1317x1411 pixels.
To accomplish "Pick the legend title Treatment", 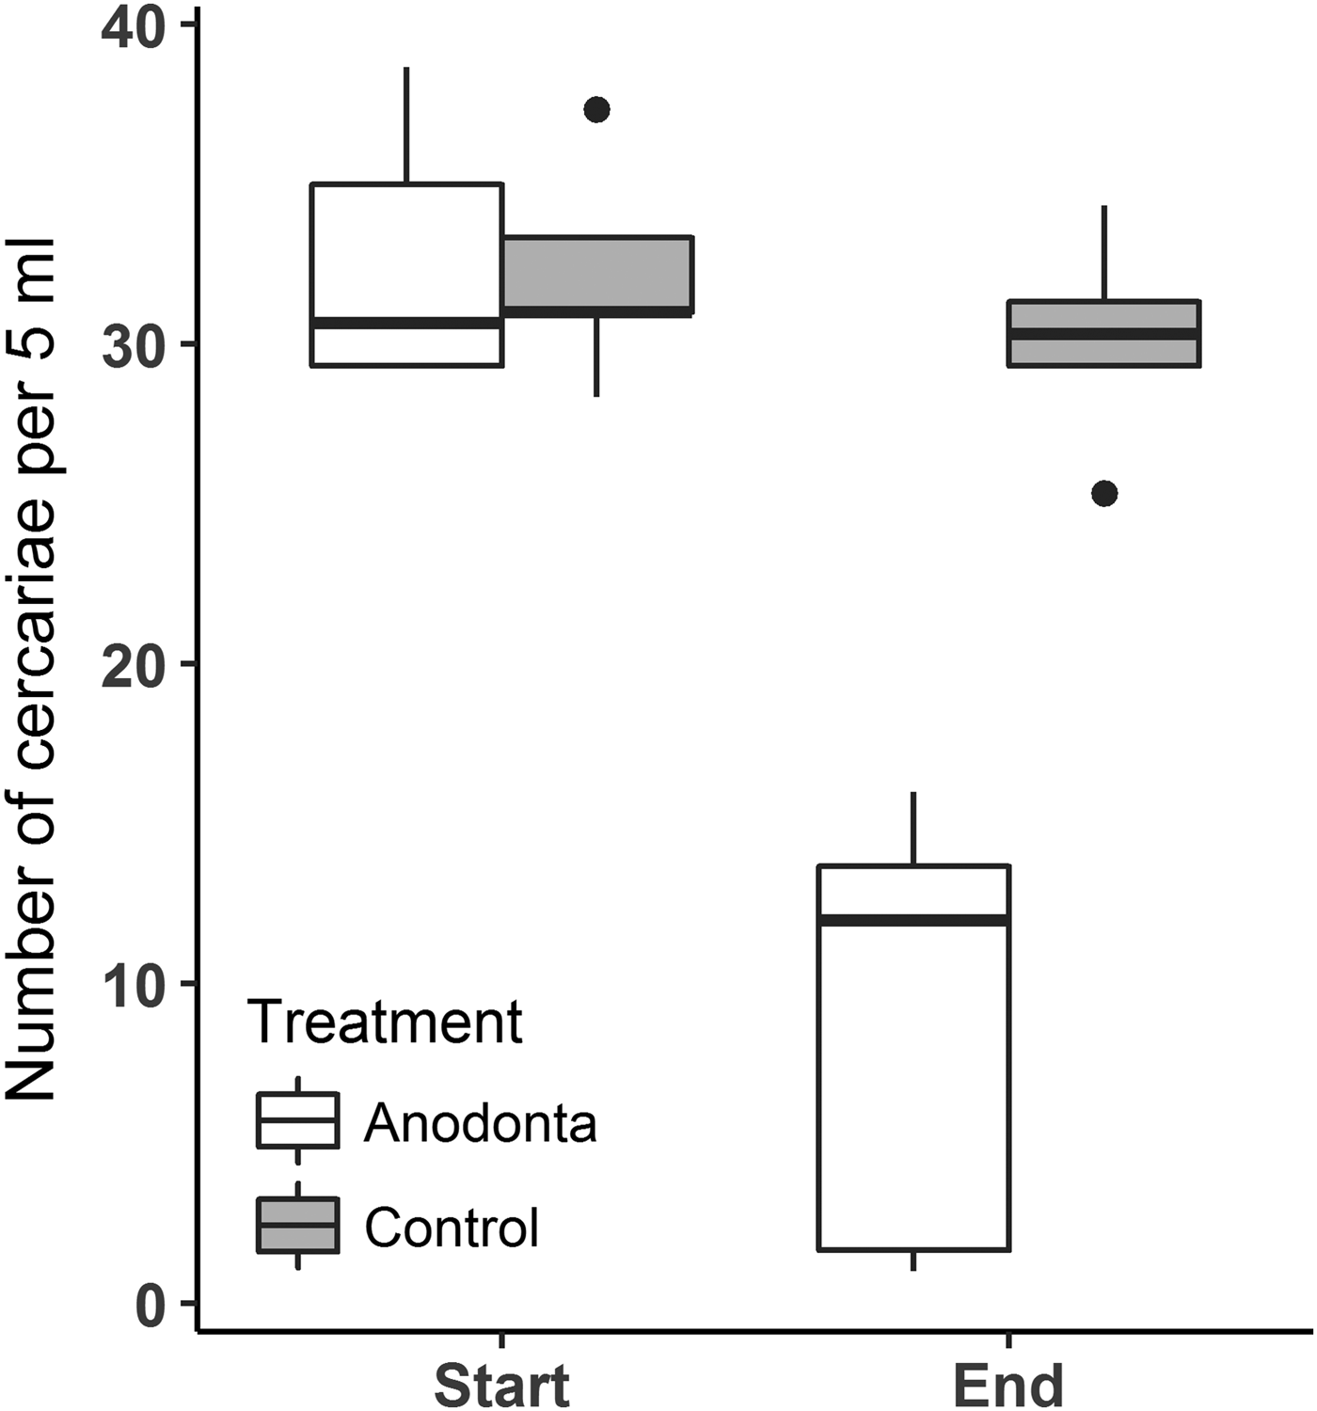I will click(x=386, y=1022).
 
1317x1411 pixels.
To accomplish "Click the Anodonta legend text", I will click(x=480, y=1122).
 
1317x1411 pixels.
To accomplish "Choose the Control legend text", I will click(x=452, y=1227).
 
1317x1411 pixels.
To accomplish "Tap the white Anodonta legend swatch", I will click(x=298, y=1120).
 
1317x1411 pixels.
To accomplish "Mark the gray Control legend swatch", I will click(x=298, y=1226).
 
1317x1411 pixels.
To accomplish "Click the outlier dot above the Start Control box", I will click(x=597, y=110).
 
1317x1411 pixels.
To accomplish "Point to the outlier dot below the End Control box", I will click(x=1104, y=493).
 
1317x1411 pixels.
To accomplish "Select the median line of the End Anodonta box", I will click(x=914, y=920).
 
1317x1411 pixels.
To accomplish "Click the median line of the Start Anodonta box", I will click(x=407, y=323).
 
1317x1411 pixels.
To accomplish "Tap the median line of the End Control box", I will click(x=1104, y=334).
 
